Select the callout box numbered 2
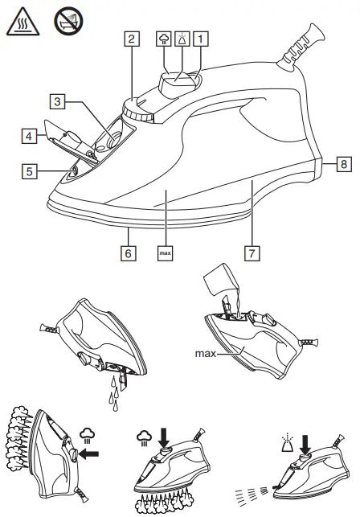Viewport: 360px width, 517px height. (131, 38)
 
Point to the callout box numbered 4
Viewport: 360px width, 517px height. (29, 137)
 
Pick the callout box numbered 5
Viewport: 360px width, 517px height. (30, 171)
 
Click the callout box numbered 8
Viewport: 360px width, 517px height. (343, 163)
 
